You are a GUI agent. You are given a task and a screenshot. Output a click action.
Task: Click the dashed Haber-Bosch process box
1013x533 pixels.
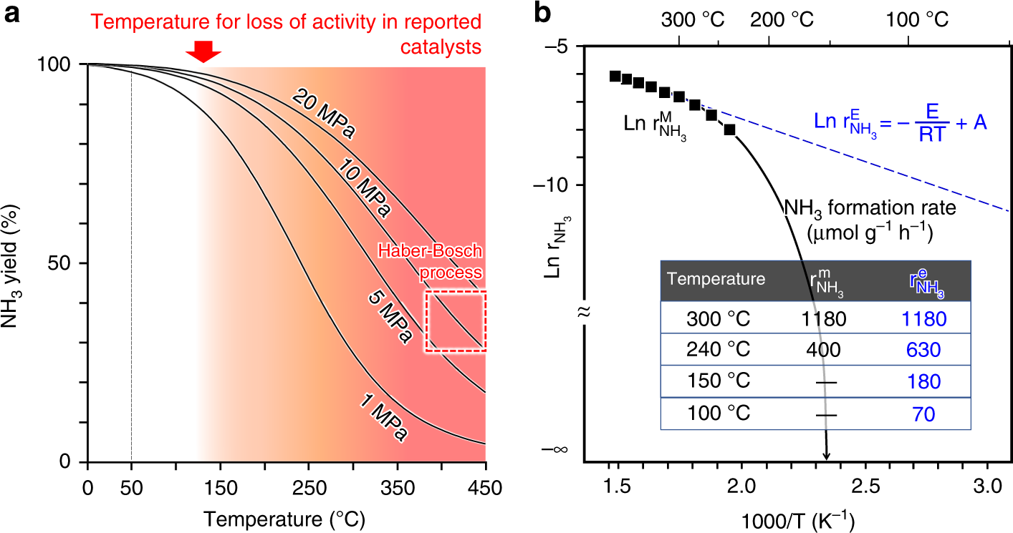point(456,321)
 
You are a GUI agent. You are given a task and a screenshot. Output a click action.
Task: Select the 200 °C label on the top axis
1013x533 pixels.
point(782,19)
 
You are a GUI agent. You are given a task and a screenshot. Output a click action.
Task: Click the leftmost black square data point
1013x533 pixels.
point(615,76)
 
